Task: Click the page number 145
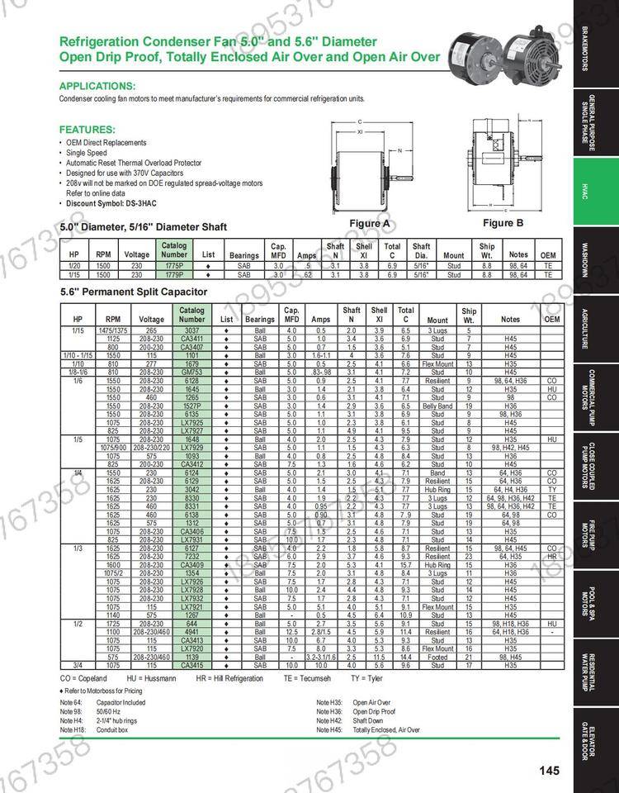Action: click(x=550, y=771)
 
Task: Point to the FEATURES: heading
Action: click(x=86, y=130)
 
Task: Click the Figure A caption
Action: click(x=370, y=223)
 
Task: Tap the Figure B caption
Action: click(x=503, y=223)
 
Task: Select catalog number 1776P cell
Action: click(x=174, y=266)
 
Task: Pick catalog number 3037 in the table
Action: click(x=191, y=330)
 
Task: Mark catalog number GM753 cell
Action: click(x=191, y=372)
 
